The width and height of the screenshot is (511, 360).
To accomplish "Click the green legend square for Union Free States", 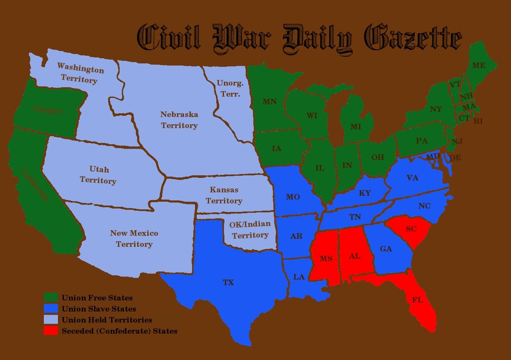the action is click(x=51, y=297).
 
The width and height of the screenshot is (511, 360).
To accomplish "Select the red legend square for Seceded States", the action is click(x=51, y=330).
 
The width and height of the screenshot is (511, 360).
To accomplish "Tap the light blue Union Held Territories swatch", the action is click(x=51, y=319).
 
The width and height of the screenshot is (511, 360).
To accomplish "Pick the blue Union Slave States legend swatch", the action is click(x=51, y=309).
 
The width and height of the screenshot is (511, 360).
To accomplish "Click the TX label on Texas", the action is click(x=228, y=283).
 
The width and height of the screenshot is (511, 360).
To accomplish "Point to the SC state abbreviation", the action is click(x=411, y=229).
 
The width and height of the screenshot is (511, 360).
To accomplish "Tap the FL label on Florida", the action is click(x=417, y=300).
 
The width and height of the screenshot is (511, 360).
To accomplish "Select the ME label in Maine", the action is click(x=479, y=66).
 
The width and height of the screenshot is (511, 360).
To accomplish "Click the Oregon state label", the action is click(x=47, y=110).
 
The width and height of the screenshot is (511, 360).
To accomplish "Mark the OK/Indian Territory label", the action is click(x=250, y=229).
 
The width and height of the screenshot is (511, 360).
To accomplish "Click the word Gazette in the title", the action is click(x=413, y=38).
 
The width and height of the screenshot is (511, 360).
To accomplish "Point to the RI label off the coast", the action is click(x=478, y=121).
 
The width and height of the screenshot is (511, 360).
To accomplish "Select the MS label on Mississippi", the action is click(x=326, y=259).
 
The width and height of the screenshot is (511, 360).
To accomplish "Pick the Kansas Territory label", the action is click(x=224, y=195).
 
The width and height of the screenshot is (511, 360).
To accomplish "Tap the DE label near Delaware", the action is click(x=455, y=158).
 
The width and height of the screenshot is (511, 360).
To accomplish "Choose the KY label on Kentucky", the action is click(x=365, y=193).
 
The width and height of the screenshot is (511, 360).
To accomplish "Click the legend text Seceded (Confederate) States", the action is click(x=119, y=331).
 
